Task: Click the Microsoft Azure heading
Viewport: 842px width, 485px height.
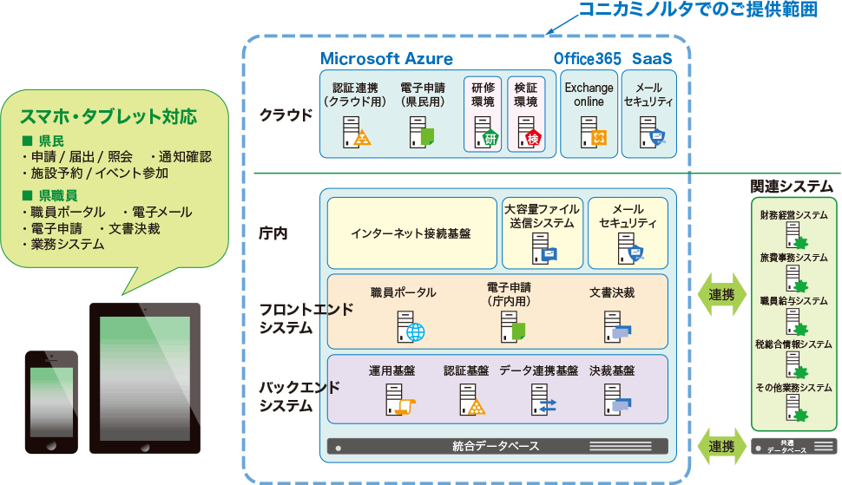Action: click(386, 59)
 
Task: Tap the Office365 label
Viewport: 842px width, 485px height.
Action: click(588, 59)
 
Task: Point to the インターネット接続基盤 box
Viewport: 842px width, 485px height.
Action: click(411, 233)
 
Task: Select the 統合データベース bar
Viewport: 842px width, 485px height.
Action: click(497, 447)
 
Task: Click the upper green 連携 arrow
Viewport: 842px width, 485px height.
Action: click(721, 295)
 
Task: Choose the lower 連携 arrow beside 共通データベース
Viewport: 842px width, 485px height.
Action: click(721, 447)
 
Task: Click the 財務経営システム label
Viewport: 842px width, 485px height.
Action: click(793, 214)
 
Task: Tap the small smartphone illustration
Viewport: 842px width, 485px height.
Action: click(51, 401)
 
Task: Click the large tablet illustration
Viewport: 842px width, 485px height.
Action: click(145, 377)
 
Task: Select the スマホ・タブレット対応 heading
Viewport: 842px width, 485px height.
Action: click(109, 115)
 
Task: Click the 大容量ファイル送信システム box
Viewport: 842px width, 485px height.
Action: click(543, 233)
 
